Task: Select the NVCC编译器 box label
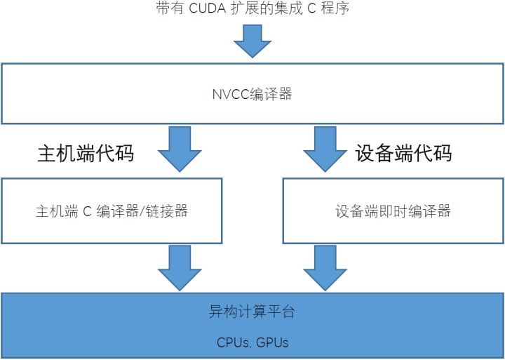click(252, 94)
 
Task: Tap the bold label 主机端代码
click(85, 154)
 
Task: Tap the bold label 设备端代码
click(403, 154)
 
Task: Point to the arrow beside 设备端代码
click(324, 148)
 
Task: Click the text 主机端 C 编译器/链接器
click(112, 211)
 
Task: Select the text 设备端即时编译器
click(393, 211)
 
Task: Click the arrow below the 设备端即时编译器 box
click(324, 267)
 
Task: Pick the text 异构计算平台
click(252, 312)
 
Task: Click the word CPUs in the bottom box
click(233, 343)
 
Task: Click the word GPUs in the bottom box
click(272, 343)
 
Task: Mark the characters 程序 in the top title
click(335, 8)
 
